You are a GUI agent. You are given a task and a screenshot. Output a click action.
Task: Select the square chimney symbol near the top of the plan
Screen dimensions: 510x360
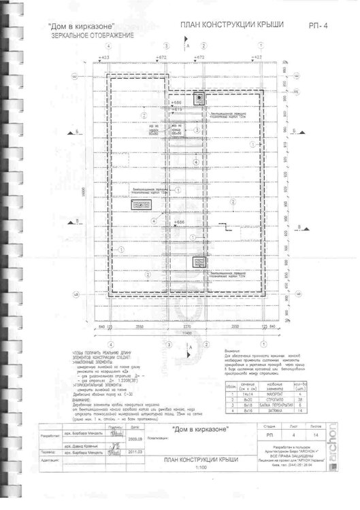coord(199,97)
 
